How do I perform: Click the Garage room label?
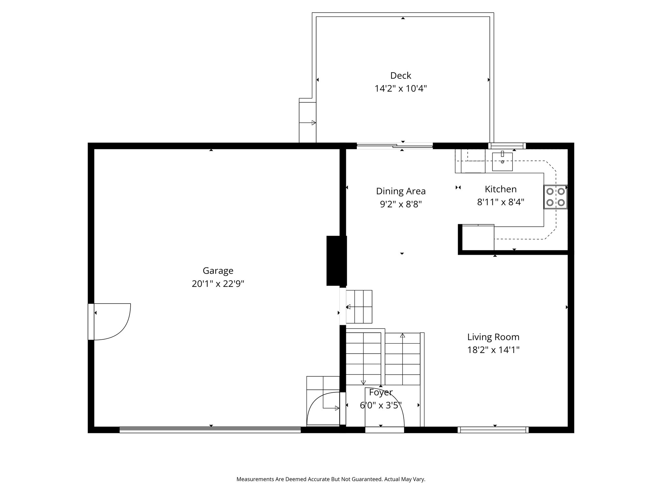[218, 271]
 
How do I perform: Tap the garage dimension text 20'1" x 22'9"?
[218, 284]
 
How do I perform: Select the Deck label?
[401, 76]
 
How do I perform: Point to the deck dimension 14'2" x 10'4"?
[401, 88]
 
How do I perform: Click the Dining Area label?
[401, 191]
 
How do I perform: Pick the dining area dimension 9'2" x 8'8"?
[401, 204]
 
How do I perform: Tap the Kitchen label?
[501, 189]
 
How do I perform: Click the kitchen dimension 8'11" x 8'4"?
[501, 202]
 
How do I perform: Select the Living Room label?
[493, 337]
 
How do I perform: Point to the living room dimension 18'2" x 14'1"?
[493, 350]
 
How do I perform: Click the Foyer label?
[381, 392]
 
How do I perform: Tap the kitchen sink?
[502, 161]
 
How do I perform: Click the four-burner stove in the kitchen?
[555, 197]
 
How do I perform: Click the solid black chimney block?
[336, 261]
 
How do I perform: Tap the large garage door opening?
[210, 429]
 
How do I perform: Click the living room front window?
[493, 430]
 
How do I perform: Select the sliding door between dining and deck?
[395, 146]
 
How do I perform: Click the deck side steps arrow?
[307, 123]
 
